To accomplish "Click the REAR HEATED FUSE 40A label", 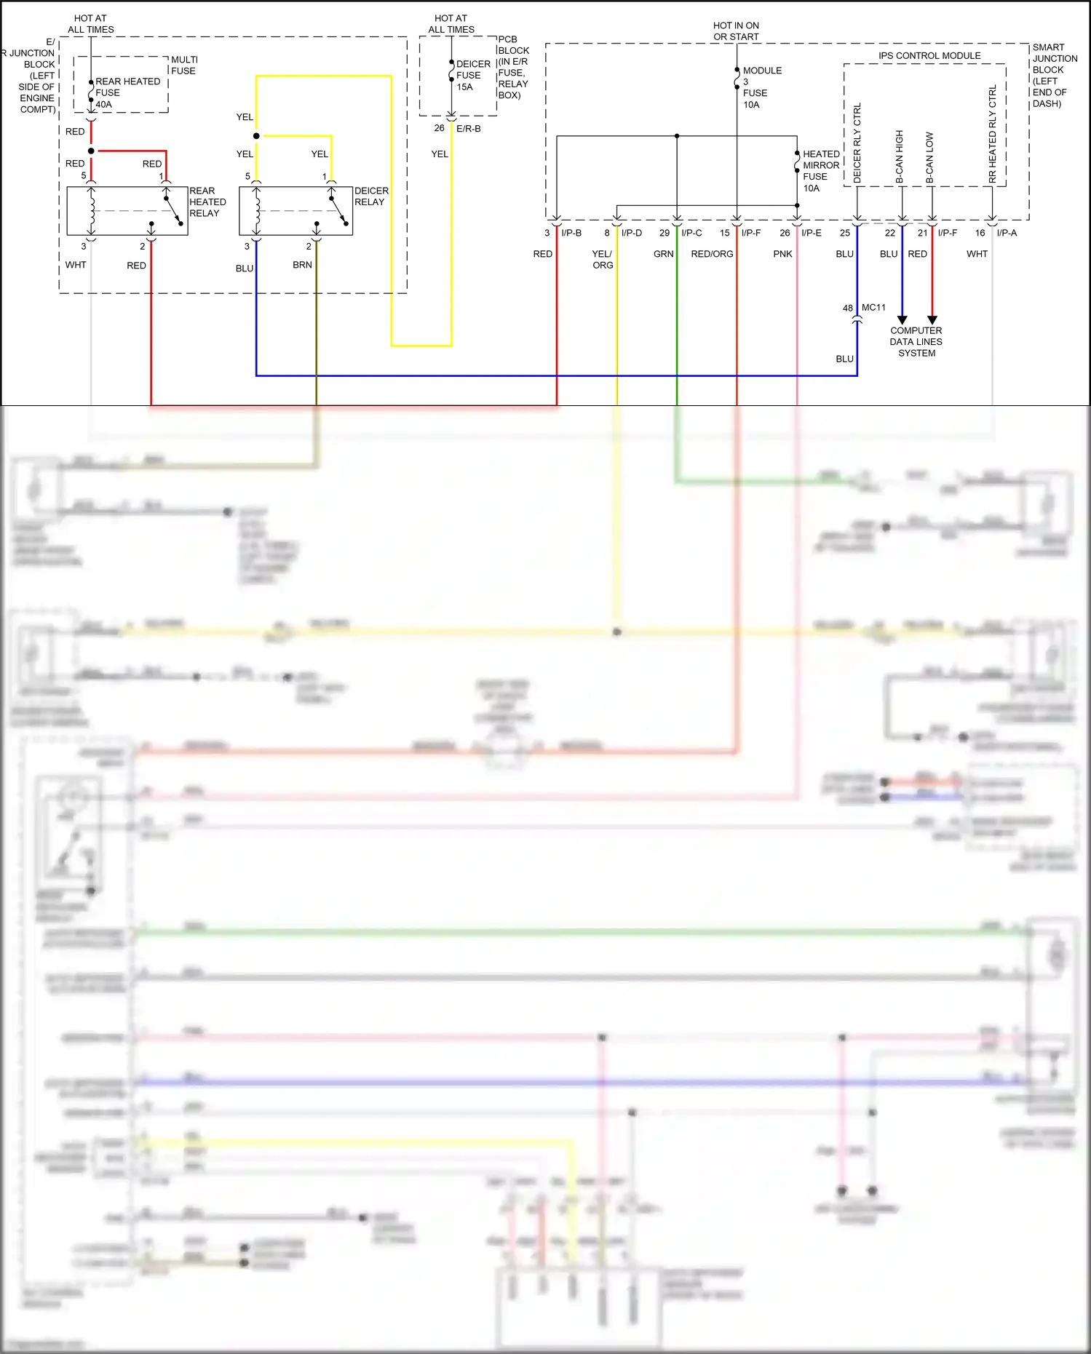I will coord(127,92).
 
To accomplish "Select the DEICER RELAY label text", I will coord(371,196).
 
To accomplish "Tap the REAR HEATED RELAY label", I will coord(207,202).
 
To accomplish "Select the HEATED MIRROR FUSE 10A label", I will coord(820,171).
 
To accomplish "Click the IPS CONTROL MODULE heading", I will coord(929,56).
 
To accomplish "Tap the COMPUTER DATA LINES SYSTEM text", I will coord(916,342).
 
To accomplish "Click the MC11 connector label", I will coord(873,308).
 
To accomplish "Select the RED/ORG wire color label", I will coord(712,254).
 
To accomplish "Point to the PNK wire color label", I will coord(782,254).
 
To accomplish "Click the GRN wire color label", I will coord(663,254).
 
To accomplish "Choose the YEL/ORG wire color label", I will coord(602,260).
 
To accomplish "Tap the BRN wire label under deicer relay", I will coord(302,265).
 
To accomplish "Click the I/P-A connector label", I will coord(1007,233).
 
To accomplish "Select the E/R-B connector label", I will coord(468,129).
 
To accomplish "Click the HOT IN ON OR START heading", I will coord(736,31).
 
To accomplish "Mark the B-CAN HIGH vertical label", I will coord(900,156).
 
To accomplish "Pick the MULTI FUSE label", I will coord(184,65).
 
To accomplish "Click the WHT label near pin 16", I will coord(977,254).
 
